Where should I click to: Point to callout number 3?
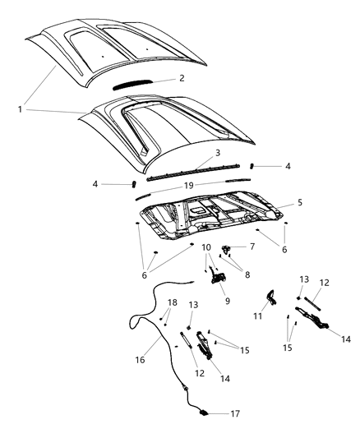coord(193,153)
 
